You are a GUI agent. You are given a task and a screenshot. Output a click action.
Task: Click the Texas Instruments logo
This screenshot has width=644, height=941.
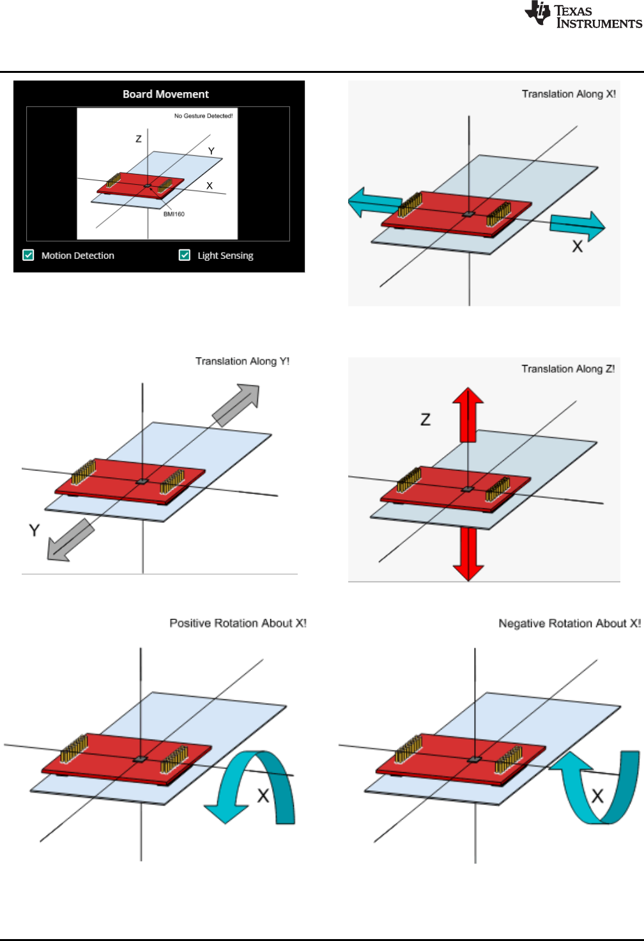click(x=583, y=15)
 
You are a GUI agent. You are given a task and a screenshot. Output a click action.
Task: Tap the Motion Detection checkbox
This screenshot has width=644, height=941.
click(x=29, y=255)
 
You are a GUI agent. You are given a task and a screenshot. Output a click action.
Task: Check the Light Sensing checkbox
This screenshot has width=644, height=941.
click(x=185, y=255)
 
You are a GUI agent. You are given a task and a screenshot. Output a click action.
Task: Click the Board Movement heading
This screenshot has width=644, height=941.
click(x=165, y=94)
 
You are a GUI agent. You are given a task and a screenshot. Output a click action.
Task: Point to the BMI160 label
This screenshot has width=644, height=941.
click(x=174, y=214)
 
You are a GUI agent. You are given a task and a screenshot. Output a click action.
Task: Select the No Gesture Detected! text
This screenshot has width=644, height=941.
click(x=203, y=116)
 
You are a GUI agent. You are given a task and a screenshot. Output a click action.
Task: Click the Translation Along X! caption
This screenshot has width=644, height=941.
click(x=569, y=94)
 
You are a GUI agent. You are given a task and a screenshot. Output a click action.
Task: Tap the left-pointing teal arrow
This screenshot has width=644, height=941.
click(x=374, y=203)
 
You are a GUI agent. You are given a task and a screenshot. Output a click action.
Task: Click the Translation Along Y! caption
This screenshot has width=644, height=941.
click(x=242, y=361)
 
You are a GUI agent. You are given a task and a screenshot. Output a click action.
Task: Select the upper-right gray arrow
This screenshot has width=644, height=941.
click(x=238, y=403)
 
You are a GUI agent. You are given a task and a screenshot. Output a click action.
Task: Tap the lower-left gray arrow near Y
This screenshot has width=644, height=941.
click(x=69, y=541)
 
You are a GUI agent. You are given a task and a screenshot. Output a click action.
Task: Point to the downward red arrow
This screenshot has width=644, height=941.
click(x=468, y=554)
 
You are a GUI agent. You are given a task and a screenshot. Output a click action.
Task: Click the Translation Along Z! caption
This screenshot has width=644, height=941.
click(x=568, y=369)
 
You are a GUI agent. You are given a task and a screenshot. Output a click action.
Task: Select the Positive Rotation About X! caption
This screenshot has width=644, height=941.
click(x=238, y=623)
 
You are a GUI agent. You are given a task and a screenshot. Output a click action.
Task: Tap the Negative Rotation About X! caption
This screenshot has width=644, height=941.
click(x=569, y=623)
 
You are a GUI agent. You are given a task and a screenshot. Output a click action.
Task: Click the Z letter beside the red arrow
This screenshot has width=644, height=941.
click(x=425, y=419)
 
